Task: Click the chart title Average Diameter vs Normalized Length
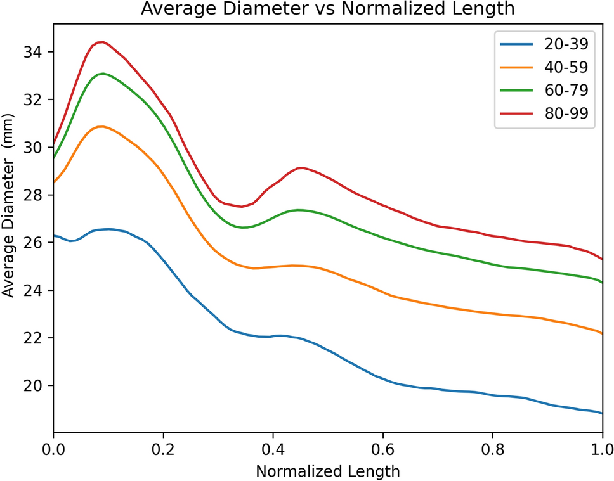[327, 10]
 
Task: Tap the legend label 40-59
[565, 67]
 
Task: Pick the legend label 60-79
[565, 90]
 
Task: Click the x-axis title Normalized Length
[327, 471]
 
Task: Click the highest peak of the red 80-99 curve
[101, 42]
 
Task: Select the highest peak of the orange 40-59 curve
[101, 126]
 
